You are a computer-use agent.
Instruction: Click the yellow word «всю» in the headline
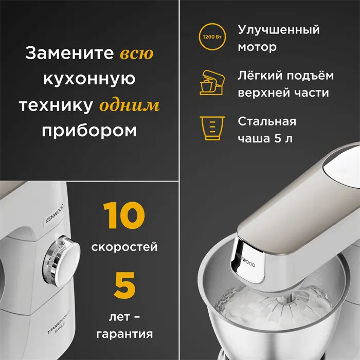[x=136, y=53]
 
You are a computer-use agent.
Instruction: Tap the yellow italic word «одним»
[x=129, y=105]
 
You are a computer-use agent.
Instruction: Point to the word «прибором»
[x=89, y=131]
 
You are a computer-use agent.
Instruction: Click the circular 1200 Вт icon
[x=212, y=38]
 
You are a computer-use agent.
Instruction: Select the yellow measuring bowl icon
[x=212, y=128]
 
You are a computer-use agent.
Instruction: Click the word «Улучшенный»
[x=279, y=30]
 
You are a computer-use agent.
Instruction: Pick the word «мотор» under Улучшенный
[x=257, y=47]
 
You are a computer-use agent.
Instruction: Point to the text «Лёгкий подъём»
[x=285, y=76]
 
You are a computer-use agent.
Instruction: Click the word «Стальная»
[x=267, y=122]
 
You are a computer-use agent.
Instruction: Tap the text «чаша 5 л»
[x=264, y=139]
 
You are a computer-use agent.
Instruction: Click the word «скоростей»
[x=124, y=247]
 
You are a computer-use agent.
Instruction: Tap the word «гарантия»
[x=124, y=334]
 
